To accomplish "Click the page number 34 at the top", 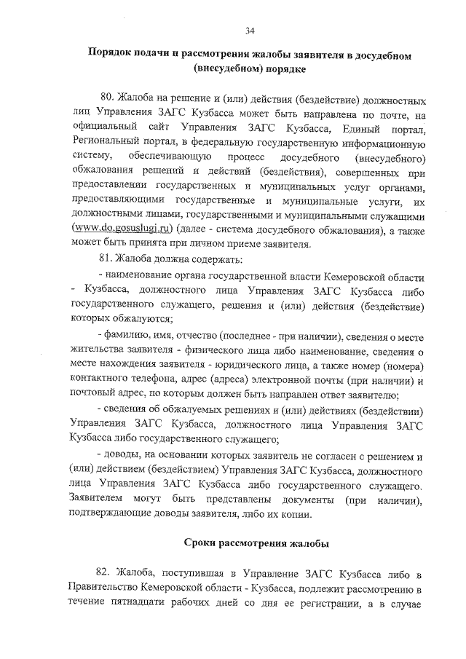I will click(250, 30).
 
